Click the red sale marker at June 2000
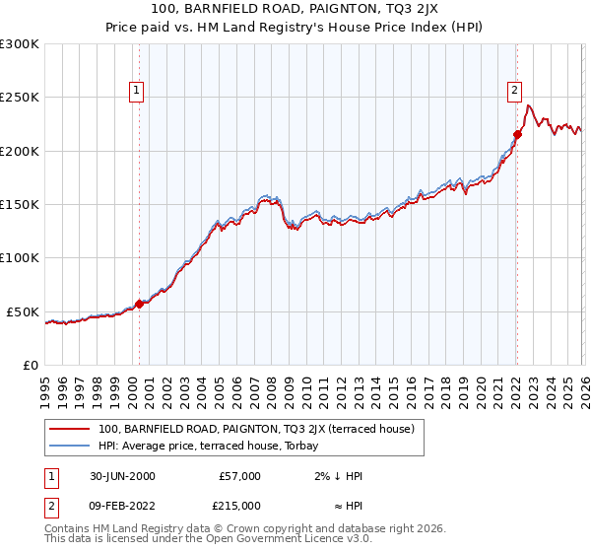tap(139, 304)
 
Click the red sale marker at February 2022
tap(517, 134)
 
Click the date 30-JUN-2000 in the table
tap(122, 476)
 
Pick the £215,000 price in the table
tap(239, 506)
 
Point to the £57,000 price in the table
tap(239, 476)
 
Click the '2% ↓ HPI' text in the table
tap(338, 476)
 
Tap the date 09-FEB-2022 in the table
tap(122, 506)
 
